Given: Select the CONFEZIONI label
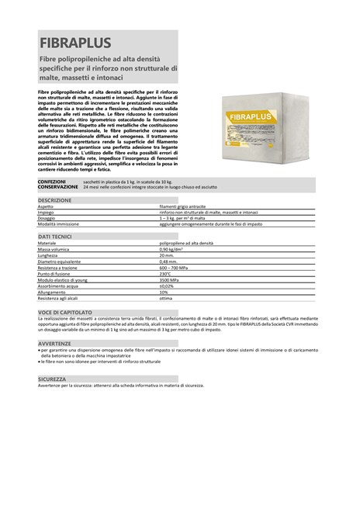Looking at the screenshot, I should [x=52, y=182].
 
